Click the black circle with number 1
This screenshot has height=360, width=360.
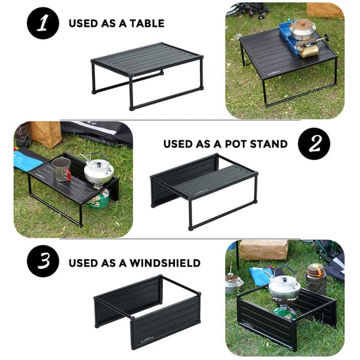coord(43,23)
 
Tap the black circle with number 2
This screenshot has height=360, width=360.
coord(314,143)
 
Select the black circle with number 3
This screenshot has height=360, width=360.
coord(43,261)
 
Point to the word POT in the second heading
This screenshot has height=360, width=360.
coord(235,144)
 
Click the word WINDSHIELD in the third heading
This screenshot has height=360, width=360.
coord(165,263)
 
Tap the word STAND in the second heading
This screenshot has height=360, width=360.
coord(268,144)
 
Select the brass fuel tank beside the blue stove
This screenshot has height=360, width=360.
coord(309,51)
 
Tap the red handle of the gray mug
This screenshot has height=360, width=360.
coord(68,175)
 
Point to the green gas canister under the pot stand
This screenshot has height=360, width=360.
coord(99,199)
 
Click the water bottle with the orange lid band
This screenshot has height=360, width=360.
coord(316,279)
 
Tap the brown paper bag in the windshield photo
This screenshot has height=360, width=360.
coord(263,250)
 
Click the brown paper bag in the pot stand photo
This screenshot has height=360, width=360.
coord(45,134)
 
